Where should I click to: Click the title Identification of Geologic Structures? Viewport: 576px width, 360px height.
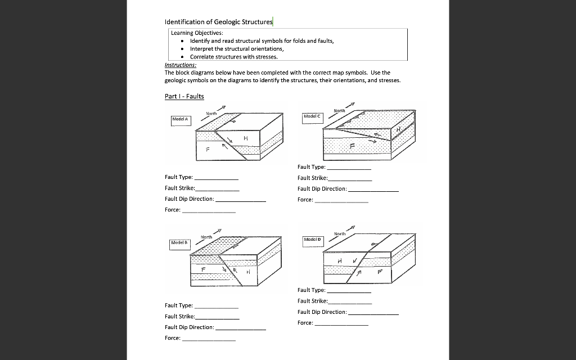point(218,22)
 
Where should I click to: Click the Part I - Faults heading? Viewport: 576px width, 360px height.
point(184,96)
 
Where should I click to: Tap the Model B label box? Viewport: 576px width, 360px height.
point(181,242)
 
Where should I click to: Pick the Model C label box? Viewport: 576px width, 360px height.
point(312,116)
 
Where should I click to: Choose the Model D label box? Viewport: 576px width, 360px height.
point(312,240)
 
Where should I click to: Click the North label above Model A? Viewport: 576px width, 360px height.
point(211,114)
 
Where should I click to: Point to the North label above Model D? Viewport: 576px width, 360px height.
point(340,233)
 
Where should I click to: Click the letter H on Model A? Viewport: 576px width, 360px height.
point(246,138)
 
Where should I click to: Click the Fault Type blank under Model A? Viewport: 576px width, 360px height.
point(216,178)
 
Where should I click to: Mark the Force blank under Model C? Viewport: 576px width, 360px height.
point(341,201)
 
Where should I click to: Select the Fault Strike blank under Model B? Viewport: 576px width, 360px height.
point(217,318)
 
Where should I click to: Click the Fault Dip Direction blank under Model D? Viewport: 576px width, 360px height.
point(373,313)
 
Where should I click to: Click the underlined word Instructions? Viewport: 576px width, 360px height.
point(180,65)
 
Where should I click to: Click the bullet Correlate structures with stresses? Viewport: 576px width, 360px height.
point(233,57)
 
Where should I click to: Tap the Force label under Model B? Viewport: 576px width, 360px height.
point(172,338)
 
